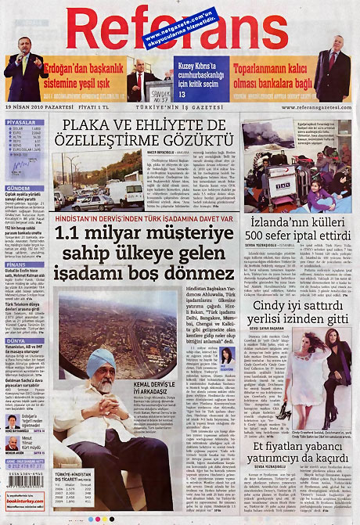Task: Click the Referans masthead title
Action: click(180, 27)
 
